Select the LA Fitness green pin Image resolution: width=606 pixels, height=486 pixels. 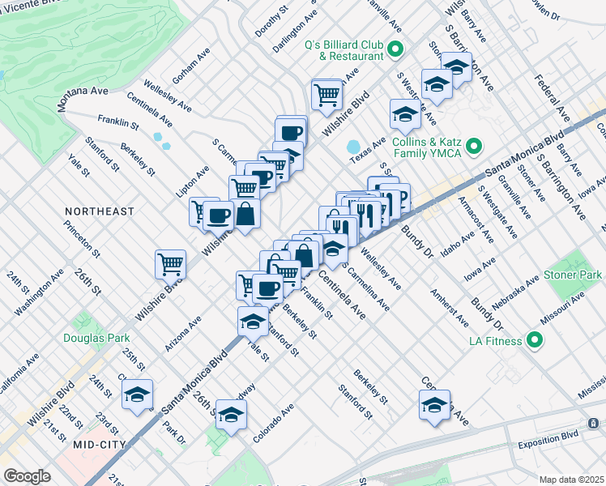coord(534,339)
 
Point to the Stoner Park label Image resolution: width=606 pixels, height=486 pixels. coord(573,275)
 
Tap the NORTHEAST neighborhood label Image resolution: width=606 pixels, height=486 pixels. coord(100,211)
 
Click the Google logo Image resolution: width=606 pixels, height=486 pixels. coord(27,476)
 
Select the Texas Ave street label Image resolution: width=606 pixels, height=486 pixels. coord(368,149)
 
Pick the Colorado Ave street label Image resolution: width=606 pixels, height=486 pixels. coord(272,422)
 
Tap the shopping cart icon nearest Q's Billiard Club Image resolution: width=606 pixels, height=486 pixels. coord(326,93)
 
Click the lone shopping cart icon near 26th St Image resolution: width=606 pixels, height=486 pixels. coord(171,262)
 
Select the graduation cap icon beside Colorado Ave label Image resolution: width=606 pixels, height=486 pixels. coord(232,414)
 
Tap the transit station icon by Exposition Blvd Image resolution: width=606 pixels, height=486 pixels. coord(594,424)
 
